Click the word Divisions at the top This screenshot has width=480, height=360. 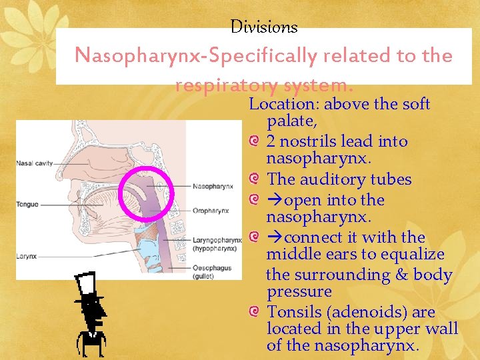click(264, 27)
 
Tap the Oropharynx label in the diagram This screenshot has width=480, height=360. click(211, 211)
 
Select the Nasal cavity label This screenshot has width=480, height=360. click(35, 163)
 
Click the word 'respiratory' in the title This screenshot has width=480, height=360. click(226, 85)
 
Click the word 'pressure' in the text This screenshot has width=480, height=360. click(299, 292)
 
